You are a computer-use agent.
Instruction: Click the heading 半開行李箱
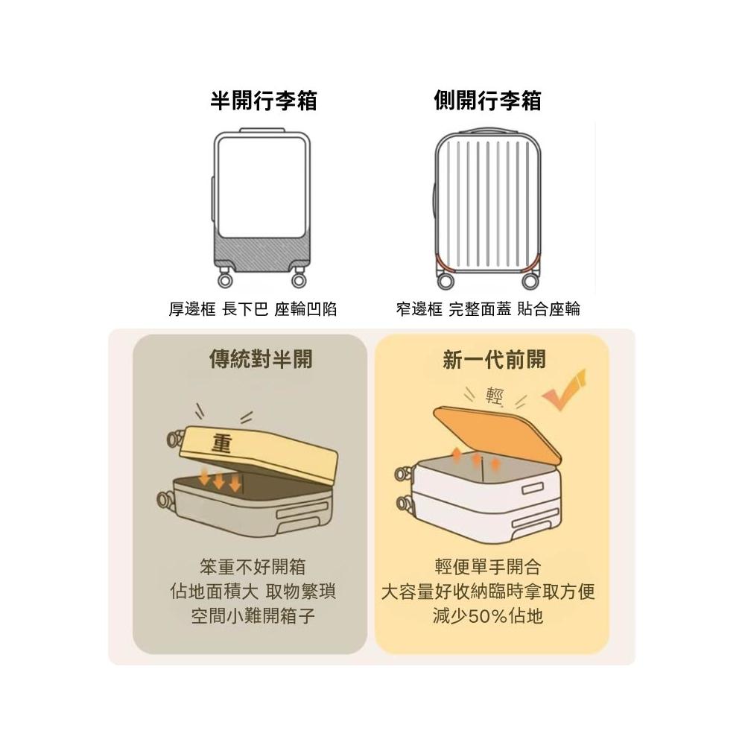click(264, 101)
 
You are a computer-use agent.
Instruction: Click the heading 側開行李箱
click(487, 101)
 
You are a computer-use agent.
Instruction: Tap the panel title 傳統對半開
click(261, 359)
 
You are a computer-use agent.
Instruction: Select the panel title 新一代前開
click(494, 359)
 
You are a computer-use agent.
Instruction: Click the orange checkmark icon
click(565, 390)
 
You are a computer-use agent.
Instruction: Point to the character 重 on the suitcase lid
click(221, 444)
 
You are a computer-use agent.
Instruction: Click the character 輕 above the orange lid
click(494, 396)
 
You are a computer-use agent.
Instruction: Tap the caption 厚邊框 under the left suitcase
click(192, 310)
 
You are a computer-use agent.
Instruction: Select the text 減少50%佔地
click(488, 616)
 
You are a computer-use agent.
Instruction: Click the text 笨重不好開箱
click(253, 567)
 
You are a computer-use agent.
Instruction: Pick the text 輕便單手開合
click(488, 567)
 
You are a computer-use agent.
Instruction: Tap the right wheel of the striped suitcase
click(530, 281)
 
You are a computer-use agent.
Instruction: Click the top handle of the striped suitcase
click(488, 130)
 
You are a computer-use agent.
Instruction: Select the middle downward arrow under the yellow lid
click(220, 481)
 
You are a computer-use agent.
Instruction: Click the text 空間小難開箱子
click(253, 616)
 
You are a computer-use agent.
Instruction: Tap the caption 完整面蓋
click(480, 309)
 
